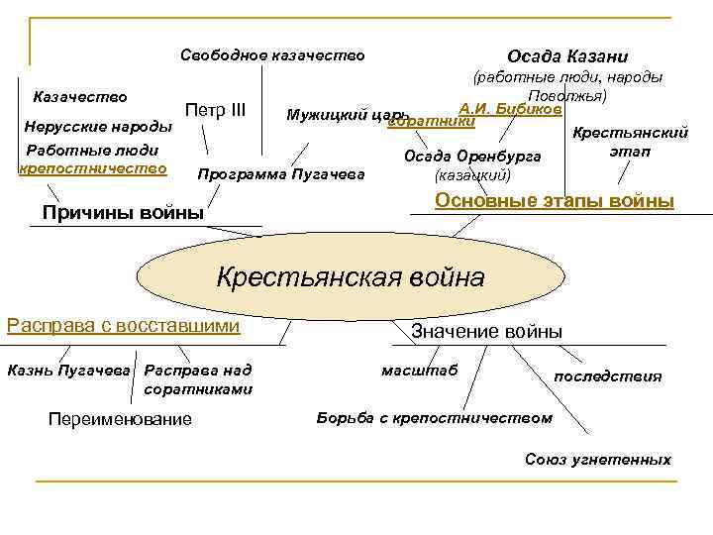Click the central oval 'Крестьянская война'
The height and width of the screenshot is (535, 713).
pos(350,276)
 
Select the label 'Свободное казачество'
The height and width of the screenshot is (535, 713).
pos(272,55)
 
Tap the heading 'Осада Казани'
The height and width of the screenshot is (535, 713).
pos(567,56)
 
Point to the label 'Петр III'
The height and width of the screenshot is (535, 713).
pos(215,108)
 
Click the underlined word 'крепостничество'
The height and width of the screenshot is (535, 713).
pos(92,168)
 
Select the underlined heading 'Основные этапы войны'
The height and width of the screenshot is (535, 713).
pos(555,201)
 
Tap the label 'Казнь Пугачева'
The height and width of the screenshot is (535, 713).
pos(68,370)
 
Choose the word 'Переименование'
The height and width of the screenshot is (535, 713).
pos(120,419)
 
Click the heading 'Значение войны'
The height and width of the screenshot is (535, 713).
pos(486,331)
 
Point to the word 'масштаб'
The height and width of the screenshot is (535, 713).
pos(419,370)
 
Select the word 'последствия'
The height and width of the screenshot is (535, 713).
pos(607,376)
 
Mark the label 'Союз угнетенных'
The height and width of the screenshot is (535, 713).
pos(597,460)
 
